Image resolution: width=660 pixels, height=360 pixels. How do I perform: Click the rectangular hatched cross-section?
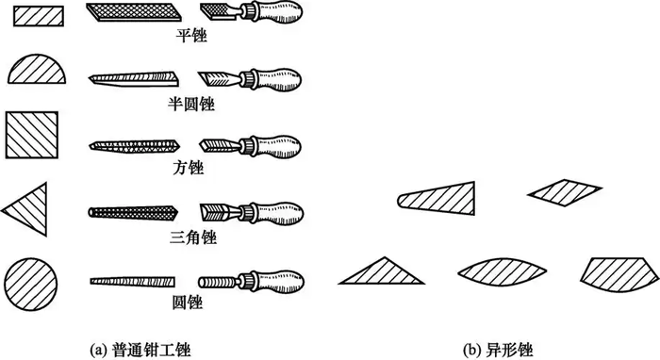(x=39, y=16)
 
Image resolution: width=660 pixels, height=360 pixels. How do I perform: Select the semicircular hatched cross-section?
(x=37, y=70)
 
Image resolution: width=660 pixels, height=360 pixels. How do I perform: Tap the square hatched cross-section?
(x=31, y=135)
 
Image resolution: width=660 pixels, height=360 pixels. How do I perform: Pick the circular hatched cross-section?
(x=31, y=285)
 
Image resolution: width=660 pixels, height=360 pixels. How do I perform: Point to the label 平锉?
(x=191, y=35)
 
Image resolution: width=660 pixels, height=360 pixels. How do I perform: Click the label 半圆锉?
(x=191, y=104)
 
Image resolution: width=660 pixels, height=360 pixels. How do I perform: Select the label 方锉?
(x=189, y=168)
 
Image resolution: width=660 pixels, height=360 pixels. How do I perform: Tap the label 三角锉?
(x=193, y=237)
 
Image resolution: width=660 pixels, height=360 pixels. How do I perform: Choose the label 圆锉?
(x=188, y=303)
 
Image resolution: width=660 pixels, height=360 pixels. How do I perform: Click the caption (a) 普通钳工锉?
(x=140, y=350)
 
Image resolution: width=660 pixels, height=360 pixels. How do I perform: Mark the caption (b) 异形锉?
(x=498, y=350)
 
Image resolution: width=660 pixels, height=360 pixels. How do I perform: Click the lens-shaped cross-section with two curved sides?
(x=503, y=272)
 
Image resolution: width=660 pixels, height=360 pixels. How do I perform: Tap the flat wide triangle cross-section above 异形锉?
(x=382, y=272)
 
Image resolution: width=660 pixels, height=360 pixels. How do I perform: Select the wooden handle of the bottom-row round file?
(x=280, y=281)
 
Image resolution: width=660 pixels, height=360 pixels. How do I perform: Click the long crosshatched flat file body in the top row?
(x=134, y=11)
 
